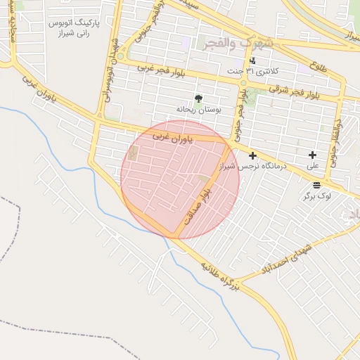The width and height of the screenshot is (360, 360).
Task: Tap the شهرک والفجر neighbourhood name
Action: pos(236,44)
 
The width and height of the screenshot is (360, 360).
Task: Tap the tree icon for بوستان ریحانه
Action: pos(198,99)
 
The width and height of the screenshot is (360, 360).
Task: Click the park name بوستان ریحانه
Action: pos(198,110)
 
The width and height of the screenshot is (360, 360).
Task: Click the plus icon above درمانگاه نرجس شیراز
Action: pos(252,155)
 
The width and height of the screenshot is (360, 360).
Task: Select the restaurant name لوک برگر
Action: pos(317,196)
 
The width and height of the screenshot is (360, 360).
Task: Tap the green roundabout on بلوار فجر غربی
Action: pos(121,56)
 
